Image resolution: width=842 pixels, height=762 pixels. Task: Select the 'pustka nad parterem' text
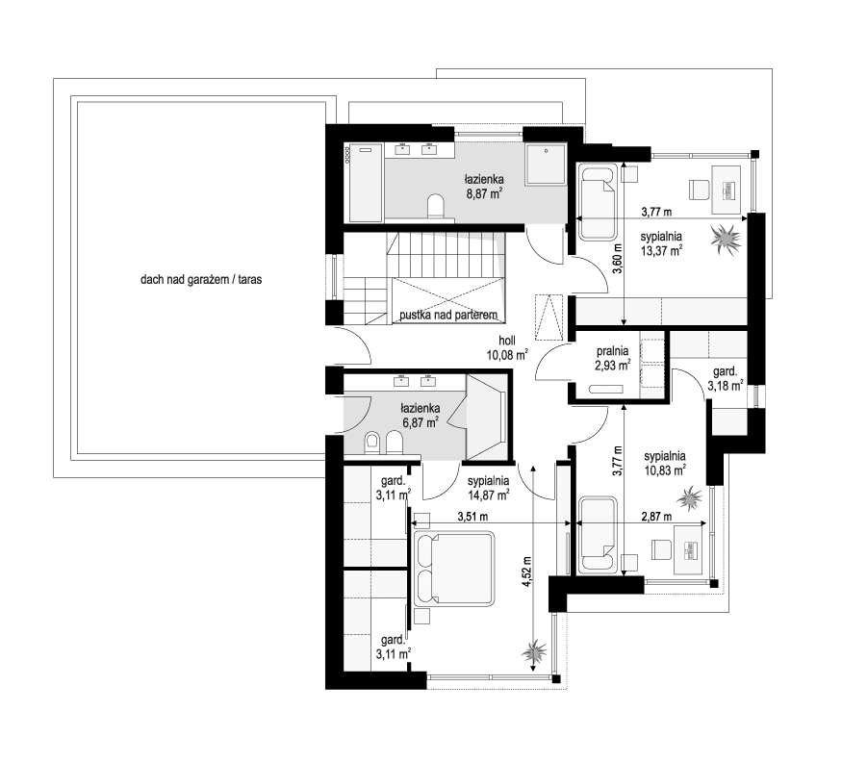point(447,315)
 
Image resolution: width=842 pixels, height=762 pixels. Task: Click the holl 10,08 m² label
point(507,347)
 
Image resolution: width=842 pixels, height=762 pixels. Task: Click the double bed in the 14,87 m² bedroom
point(455,569)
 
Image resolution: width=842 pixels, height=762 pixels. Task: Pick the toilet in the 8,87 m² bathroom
point(435,206)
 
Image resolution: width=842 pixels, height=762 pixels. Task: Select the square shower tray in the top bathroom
point(547,164)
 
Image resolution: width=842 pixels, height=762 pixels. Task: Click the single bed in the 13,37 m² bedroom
point(598,201)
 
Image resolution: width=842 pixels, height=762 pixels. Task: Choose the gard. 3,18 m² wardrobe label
point(725,378)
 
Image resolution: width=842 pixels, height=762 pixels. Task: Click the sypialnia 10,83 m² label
point(665,463)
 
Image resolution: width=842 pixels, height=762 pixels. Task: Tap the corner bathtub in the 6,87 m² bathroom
point(487,416)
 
